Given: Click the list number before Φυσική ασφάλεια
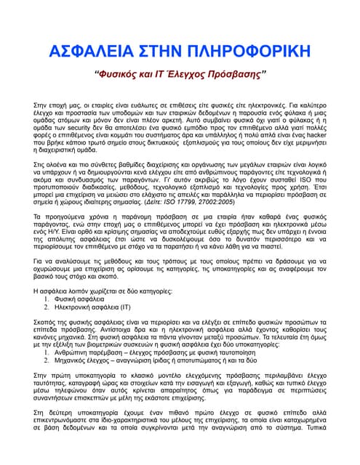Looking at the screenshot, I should (x=46, y=298).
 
